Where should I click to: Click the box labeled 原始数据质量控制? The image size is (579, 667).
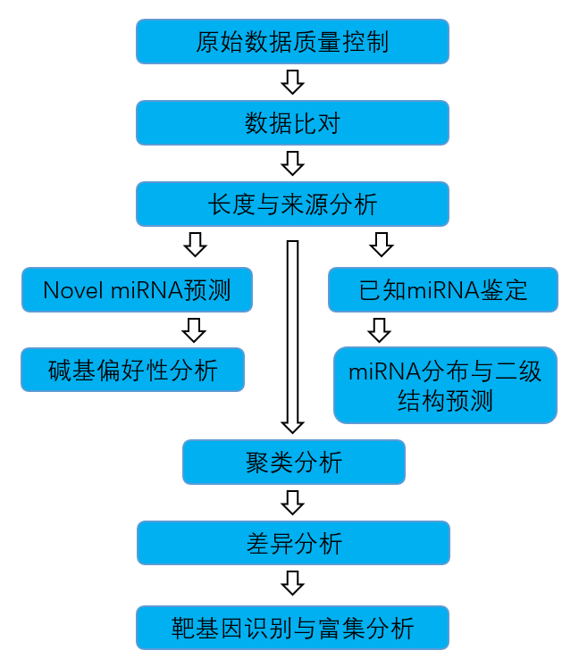coord(292,42)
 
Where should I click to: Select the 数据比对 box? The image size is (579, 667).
coord(292,123)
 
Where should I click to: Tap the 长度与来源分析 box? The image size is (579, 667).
coord(292,204)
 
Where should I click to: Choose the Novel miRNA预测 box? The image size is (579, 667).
coord(136,289)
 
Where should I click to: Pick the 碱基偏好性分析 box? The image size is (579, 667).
coord(133,370)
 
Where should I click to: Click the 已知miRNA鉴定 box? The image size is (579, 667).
coord(443,289)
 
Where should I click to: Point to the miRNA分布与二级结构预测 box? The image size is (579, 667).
coord(445,385)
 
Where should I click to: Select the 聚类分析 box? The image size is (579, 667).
coord(293,462)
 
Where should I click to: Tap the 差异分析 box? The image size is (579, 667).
coord(293,543)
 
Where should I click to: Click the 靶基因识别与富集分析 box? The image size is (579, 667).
coord(292,627)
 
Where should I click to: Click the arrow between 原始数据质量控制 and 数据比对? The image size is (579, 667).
coord(292,82)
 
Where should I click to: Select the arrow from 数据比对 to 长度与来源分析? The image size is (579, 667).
coord(292,163)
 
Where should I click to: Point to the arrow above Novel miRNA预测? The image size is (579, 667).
coord(195,244)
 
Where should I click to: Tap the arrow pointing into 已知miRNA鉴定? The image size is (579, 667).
coord(382,244)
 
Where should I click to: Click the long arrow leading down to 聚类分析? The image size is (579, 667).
coord(292,335)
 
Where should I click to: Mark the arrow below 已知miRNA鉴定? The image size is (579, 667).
coord(380,329)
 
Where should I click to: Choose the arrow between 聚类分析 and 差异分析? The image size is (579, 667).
coord(292,502)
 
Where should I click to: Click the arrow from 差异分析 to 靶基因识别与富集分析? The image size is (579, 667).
coord(292,583)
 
